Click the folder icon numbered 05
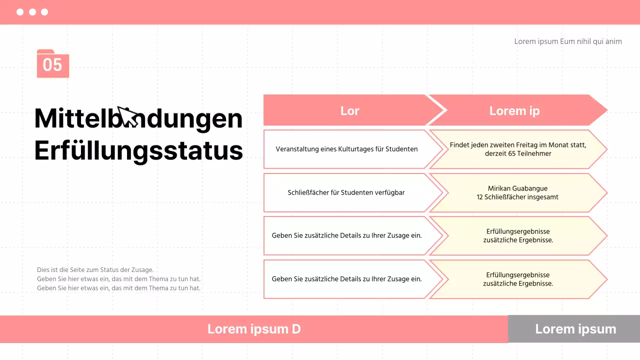tap(52, 64)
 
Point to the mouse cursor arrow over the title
tap(127, 117)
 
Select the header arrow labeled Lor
tap(349, 110)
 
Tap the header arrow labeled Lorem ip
tap(514, 110)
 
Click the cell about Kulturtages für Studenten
tap(346, 149)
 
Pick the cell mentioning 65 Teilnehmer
tap(518, 153)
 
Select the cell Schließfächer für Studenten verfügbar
tap(346, 192)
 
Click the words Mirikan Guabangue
tap(517, 188)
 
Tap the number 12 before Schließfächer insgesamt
tap(480, 197)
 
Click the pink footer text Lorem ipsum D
tap(254, 329)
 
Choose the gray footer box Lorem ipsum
tap(575, 329)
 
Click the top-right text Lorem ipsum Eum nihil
tap(567, 41)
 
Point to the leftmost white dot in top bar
tap(20, 12)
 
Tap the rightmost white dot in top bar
tap(44, 12)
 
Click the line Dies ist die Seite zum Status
tap(95, 270)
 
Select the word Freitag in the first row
tap(524, 145)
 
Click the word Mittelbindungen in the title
tap(138, 118)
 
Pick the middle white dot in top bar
tap(32, 12)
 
